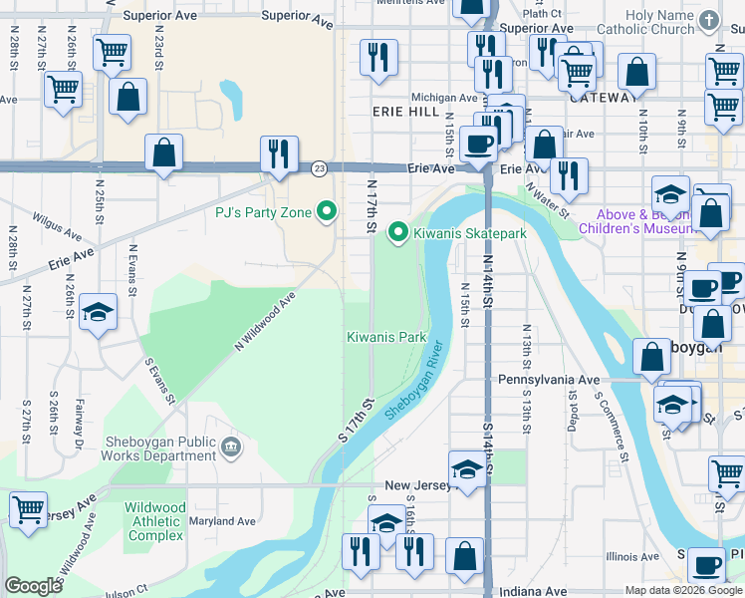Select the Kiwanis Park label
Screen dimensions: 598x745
click(x=386, y=337)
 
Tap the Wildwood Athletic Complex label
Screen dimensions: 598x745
click(x=154, y=521)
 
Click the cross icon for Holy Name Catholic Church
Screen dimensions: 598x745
click(x=708, y=20)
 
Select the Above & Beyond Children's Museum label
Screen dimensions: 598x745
click(x=644, y=221)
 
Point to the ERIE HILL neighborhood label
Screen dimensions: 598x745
click(x=405, y=114)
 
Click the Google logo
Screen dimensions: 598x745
click(x=33, y=586)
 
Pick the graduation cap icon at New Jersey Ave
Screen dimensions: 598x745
click(x=466, y=469)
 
